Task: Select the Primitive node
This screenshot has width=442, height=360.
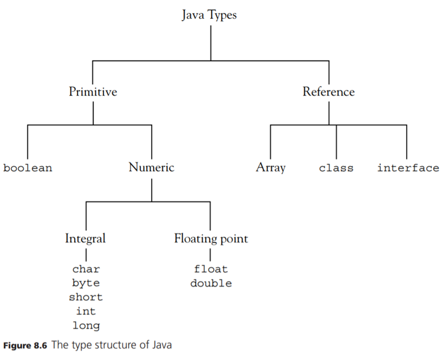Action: click(x=93, y=92)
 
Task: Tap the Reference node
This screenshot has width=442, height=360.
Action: click(x=329, y=92)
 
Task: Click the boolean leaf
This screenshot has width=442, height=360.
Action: click(x=28, y=168)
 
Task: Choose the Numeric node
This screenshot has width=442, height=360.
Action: click(x=151, y=167)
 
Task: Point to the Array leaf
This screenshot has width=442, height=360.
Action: click(x=270, y=167)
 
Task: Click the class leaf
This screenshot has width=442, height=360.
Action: click(x=336, y=168)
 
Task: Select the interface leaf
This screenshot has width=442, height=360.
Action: click(x=408, y=168)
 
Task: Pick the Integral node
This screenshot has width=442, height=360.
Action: click(x=86, y=238)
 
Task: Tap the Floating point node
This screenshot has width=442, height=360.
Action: click(x=211, y=238)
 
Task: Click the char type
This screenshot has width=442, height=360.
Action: click(x=86, y=270)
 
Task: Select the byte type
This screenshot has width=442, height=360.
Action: click(x=86, y=283)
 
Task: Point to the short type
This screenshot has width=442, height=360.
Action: click(x=86, y=297)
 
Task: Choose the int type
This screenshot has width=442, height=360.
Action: click(x=86, y=311)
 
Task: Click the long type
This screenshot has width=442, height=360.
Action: click(x=86, y=325)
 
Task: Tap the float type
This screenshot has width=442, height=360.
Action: click(x=211, y=270)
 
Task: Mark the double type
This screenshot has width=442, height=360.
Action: click(x=211, y=284)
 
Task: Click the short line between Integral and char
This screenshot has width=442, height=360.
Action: click(x=86, y=254)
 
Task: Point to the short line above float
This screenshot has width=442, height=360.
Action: click(x=210, y=254)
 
